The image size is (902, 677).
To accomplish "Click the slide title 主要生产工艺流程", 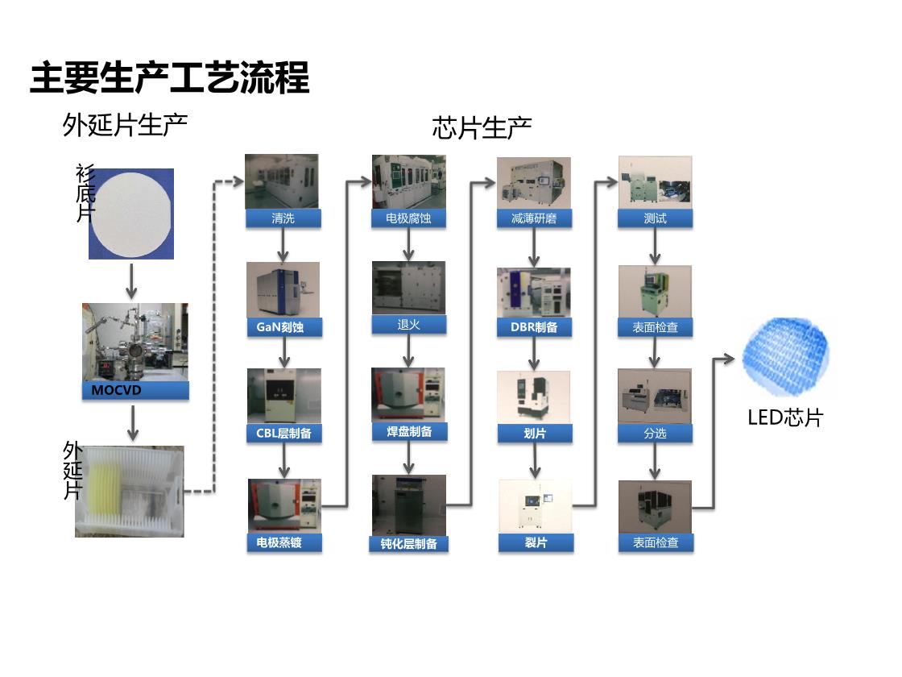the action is tap(170, 77).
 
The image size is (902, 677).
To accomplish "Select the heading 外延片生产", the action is tap(125, 125).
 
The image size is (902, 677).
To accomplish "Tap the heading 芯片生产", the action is tap(482, 128).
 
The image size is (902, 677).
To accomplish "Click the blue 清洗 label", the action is tap(283, 218).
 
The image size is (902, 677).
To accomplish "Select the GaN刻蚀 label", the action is tap(284, 327).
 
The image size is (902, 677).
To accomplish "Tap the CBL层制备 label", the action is tap(284, 434).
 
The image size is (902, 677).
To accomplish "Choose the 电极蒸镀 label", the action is tap(284, 542).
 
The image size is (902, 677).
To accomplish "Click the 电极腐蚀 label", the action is tap(408, 218).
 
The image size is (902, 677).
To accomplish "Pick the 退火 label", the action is tap(408, 325).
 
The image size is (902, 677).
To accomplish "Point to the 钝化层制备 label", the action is tap(408, 544).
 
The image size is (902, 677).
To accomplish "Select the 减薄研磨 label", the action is tap(535, 218).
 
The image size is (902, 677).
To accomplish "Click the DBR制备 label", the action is tap(535, 327).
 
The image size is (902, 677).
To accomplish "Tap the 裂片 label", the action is tap(536, 542).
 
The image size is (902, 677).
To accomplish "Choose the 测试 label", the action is tap(656, 218).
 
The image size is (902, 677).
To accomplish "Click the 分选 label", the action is tap(656, 434).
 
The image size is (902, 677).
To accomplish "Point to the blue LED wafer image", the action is tap(786, 357).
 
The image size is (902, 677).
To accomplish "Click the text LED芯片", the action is tap(785, 417).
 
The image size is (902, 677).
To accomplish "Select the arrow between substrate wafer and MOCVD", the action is tap(132, 281).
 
